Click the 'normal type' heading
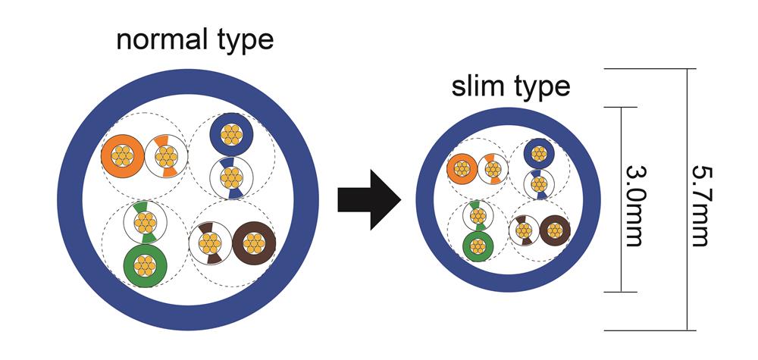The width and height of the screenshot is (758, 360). pos(194,39)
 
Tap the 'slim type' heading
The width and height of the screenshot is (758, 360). pos(510,86)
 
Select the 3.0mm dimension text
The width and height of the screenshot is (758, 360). pos(631,201)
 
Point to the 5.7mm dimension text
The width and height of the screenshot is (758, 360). pos(699,201)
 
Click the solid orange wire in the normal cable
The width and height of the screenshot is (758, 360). pos(123,156)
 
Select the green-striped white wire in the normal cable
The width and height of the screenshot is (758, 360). pos(144,223)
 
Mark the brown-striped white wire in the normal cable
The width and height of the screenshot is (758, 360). pos(208,244)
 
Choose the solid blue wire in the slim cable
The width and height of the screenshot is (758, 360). pos(539,154)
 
